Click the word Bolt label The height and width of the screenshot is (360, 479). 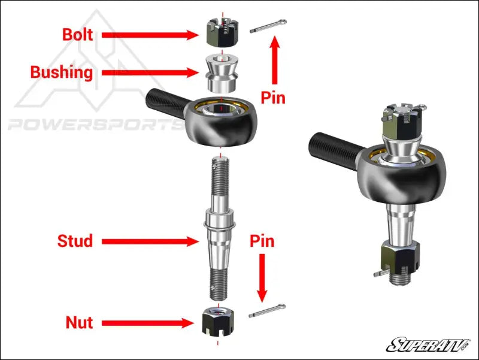[x=78, y=35]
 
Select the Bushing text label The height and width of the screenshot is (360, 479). [x=62, y=73]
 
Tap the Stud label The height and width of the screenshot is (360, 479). [x=75, y=241]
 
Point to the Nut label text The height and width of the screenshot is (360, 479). [x=79, y=323]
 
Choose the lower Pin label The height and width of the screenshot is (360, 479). [x=262, y=241]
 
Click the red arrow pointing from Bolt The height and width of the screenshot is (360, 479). [x=150, y=35]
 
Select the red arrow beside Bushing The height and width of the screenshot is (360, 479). [x=150, y=73]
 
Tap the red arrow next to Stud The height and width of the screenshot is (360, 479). [x=150, y=242]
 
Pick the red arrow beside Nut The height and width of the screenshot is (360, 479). [x=150, y=323]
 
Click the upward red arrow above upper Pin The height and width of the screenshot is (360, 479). [x=275, y=60]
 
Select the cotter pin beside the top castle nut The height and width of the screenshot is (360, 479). [x=269, y=28]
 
